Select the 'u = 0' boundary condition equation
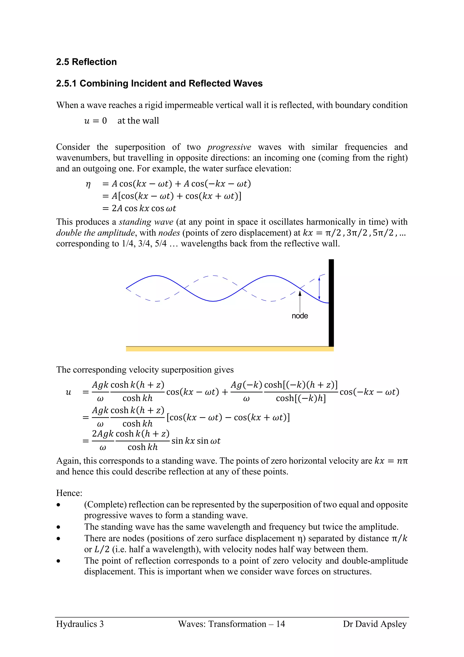[x=95, y=121]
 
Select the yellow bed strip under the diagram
[x=230, y=349]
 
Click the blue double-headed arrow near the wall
[x=319, y=288]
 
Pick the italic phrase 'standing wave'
[x=146, y=222]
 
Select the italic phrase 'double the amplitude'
[x=95, y=233]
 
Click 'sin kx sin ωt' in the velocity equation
[x=196, y=441]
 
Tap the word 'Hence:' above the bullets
[x=69, y=493]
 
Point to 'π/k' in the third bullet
[x=399, y=539]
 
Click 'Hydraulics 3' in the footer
[x=80, y=624]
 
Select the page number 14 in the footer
[x=280, y=624]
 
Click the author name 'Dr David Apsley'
[x=375, y=624]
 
